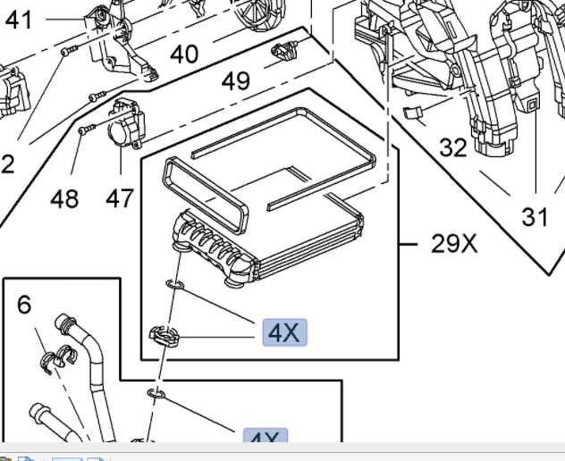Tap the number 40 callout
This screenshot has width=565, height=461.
[183, 54]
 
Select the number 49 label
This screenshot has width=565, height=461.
[236, 81]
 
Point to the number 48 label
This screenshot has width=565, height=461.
[64, 197]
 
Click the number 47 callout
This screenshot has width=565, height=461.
[120, 197]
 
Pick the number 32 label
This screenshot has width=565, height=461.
[453, 147]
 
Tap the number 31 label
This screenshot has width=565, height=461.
[535, 215]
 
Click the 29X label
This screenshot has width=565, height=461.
[454, 242]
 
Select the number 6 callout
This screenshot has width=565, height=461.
[24, 305]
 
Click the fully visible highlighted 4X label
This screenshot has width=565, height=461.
[284, 333]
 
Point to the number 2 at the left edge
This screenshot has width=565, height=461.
[7, 164]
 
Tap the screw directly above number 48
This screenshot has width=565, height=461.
[83, 130]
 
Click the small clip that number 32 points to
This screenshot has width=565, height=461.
[412, 113]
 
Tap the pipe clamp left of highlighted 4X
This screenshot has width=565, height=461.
[164, 336]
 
